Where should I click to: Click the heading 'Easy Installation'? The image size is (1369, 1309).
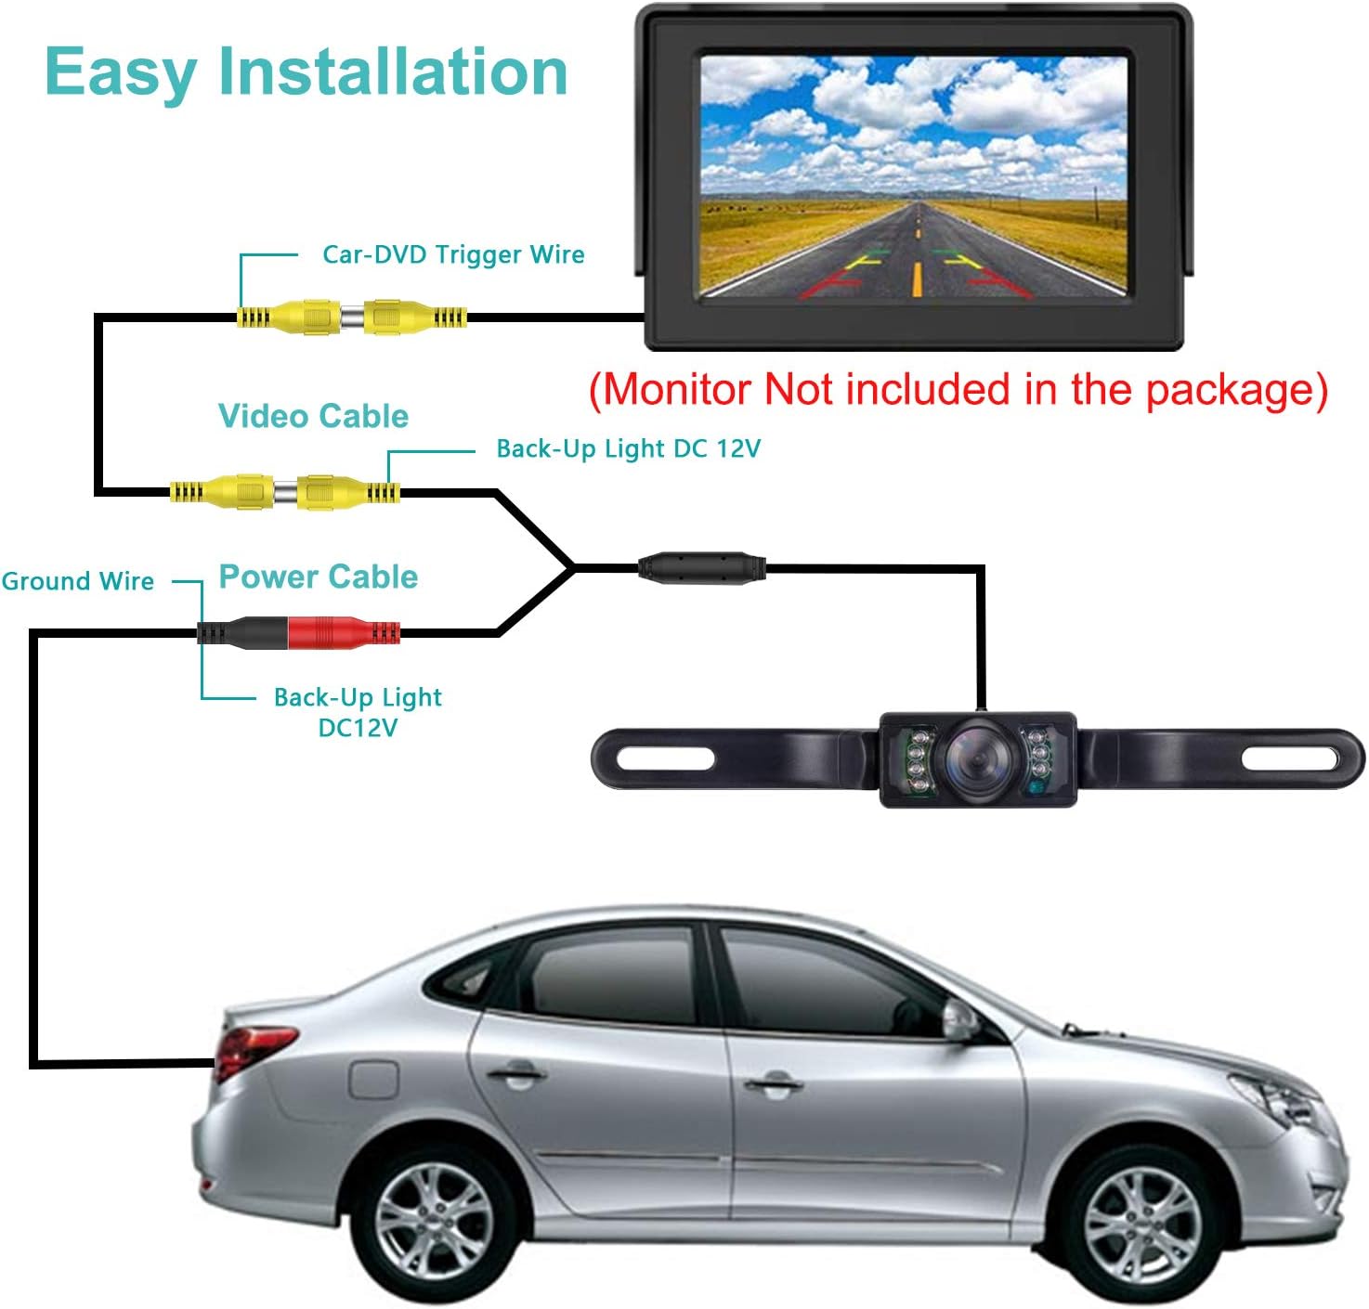click(x=306, y=72)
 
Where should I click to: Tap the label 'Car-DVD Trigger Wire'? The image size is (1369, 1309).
click(x=453, y=254)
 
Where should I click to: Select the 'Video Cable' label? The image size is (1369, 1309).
click(x=313, y=416)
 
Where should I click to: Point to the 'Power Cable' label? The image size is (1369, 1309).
click(x=318, y=577)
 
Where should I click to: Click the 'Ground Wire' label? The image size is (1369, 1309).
click(x=78, y=581)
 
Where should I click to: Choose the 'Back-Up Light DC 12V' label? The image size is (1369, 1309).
click(x=628, y=449)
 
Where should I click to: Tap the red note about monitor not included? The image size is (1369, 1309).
click(x=958, y=390)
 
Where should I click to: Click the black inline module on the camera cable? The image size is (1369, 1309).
click(x=701, y=566)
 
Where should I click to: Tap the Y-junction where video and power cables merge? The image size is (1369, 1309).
click(x=571, y=566)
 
